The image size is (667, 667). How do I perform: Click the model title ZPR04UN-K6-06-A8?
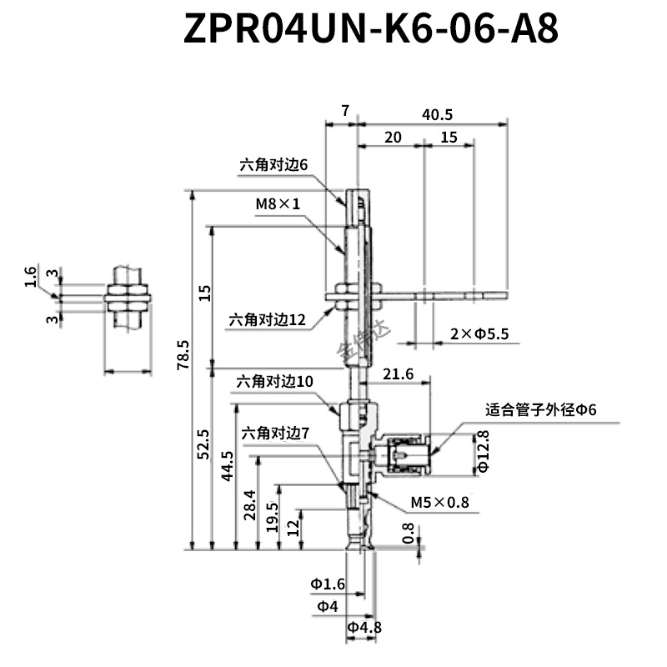coord(370,28)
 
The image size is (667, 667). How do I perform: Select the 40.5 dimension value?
coord(437,114)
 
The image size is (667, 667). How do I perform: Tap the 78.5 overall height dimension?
coord(183,354)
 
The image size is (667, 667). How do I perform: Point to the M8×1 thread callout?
coord(278,203)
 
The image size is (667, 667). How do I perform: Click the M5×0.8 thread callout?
coord(440,503)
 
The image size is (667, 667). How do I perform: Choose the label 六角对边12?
coord(267,319)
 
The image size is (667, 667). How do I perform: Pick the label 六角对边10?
coord(275,381)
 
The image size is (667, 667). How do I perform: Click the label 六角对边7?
coord(275,434)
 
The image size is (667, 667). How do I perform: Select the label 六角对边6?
coord(273,164)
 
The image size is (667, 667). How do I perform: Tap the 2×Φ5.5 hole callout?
coord(479,334)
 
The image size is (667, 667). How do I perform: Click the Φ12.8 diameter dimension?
coord(484,451)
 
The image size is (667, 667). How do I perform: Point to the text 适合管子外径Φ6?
coord(540,409)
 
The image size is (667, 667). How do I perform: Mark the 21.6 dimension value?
coord(398,374)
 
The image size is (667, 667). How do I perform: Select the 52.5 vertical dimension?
coord(203,444)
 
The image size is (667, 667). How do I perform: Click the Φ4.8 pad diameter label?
coord(364,628)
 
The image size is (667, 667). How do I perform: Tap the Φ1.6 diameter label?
coord(328,584)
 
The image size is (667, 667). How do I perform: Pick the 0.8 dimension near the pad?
coord(408,533)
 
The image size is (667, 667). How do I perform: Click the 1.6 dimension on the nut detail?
coord(31,277)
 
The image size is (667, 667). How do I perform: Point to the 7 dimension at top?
coord(345,111)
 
